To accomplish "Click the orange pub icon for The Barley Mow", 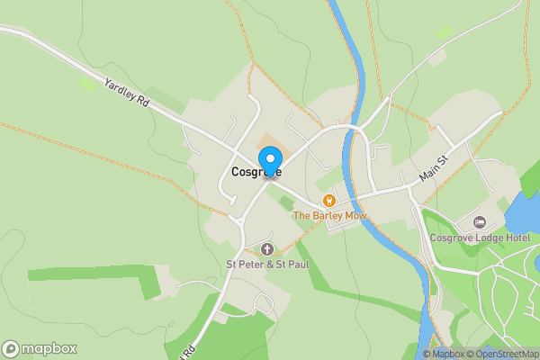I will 329,200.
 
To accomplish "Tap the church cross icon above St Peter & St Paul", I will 266,248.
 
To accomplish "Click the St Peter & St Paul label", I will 266,265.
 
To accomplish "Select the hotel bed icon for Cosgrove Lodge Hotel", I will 479,221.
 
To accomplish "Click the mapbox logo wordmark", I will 39,348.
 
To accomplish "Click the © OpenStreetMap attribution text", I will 506,354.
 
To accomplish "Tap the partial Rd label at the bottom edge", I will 189,352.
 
